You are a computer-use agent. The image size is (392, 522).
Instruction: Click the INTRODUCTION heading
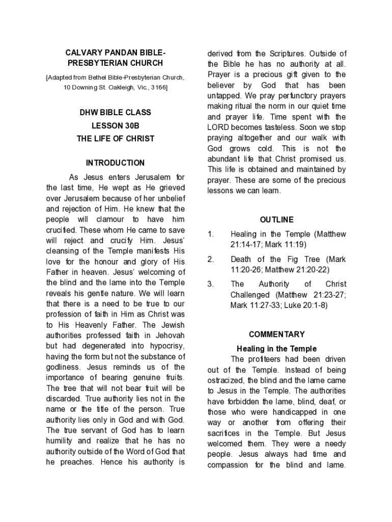coord(115,163)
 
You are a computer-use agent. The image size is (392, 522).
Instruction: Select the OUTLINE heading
coord(276,220)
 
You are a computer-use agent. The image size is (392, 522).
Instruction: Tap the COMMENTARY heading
coord(276,334)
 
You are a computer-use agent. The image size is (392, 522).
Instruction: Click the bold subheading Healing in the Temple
coord(276,349)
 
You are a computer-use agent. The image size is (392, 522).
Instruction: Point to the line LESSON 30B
coord(115,125)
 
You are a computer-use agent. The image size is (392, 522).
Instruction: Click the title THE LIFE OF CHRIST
coord(115,139)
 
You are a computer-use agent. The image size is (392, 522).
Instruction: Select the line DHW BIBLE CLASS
coord(115,112)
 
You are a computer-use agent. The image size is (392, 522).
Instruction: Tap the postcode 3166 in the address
coord(157,88)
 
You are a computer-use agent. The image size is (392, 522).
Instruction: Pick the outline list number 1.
coord(210,234)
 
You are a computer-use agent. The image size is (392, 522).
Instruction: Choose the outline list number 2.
coord(210,259)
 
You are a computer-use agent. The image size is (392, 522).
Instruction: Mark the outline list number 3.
coord(210,284)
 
